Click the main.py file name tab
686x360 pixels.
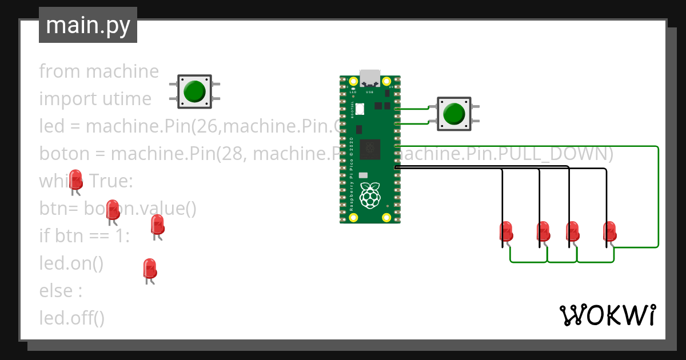87,25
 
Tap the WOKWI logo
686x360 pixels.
607,315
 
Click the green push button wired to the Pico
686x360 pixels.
454,113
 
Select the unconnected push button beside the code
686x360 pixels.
194,91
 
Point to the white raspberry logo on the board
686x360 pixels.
370,195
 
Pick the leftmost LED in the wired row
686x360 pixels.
505,232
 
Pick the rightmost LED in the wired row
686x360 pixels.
609,232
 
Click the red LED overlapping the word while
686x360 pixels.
75,179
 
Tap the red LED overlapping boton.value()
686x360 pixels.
113,210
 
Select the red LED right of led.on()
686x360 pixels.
149,269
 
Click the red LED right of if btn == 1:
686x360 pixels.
157,225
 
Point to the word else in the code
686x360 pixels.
55,291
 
